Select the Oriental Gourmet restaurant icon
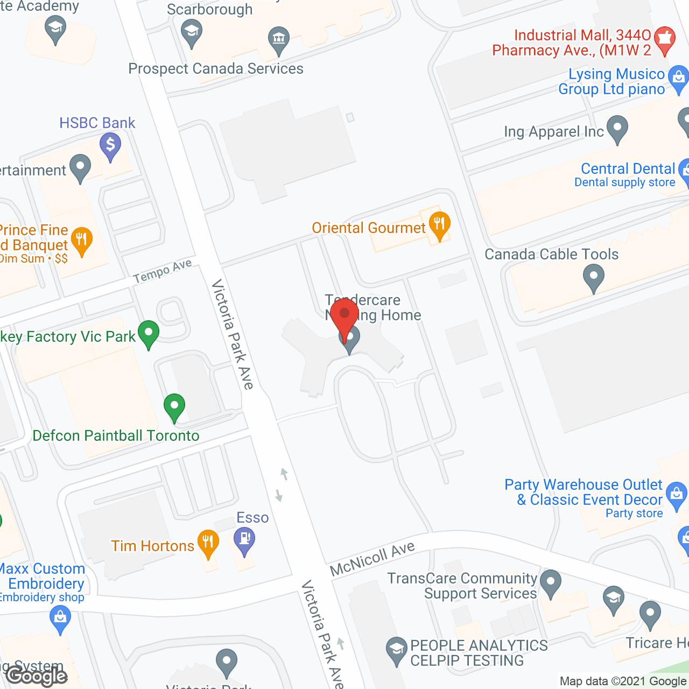point(439,224)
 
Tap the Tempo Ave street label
point(163,271)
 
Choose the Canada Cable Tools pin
point(594,278)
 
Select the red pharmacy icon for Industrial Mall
point(665,39)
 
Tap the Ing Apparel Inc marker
point(617,129)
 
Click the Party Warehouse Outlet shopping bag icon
point(677,494)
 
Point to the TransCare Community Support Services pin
point(551,583)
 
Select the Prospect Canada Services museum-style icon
point(279,39)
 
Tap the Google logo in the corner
point(37,676)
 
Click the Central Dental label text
point(628,168)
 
